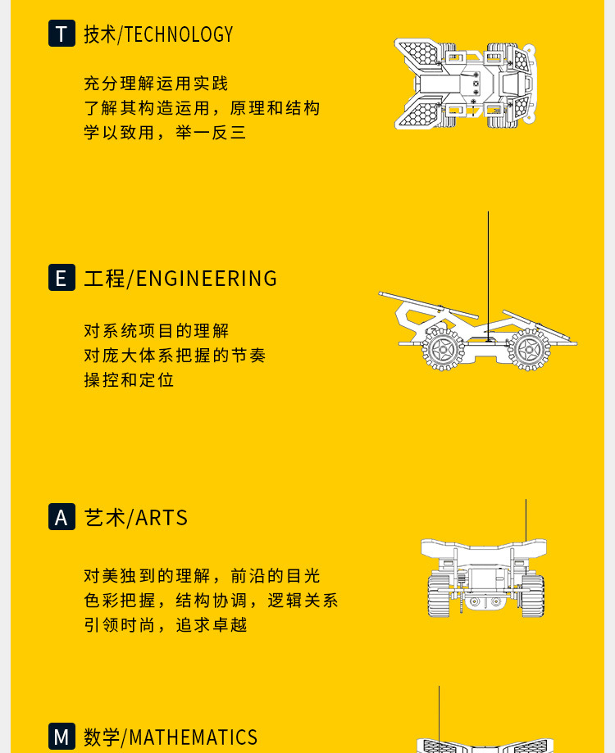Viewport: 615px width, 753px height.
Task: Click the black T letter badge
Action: pos(61,34)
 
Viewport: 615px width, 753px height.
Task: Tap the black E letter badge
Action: pos(61,278)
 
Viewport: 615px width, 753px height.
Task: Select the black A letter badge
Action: pos(61,517)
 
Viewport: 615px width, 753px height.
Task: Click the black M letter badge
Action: pos(61,736)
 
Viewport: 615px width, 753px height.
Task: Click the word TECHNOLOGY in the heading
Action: pos(179,34)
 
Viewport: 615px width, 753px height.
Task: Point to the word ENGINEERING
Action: pos(207,279)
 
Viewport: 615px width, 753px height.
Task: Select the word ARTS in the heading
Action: pos(162,518)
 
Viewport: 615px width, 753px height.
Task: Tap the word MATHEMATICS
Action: pos(194,737)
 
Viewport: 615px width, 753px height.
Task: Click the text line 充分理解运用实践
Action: pos(156,84)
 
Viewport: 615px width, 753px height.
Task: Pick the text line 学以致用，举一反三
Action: pos(165,133)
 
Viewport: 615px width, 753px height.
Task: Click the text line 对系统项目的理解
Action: pos(157,331)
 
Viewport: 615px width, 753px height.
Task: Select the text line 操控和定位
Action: pos(129,380)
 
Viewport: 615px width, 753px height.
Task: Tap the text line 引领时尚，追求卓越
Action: pos(165,625)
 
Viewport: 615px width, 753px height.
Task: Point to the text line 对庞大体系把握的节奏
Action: pos(175,356)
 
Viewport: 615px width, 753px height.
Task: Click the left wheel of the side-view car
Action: pos(443,349)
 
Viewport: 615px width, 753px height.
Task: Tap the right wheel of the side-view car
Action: pos(529,349)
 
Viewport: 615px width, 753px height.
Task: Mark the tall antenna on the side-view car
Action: pos(488,270)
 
